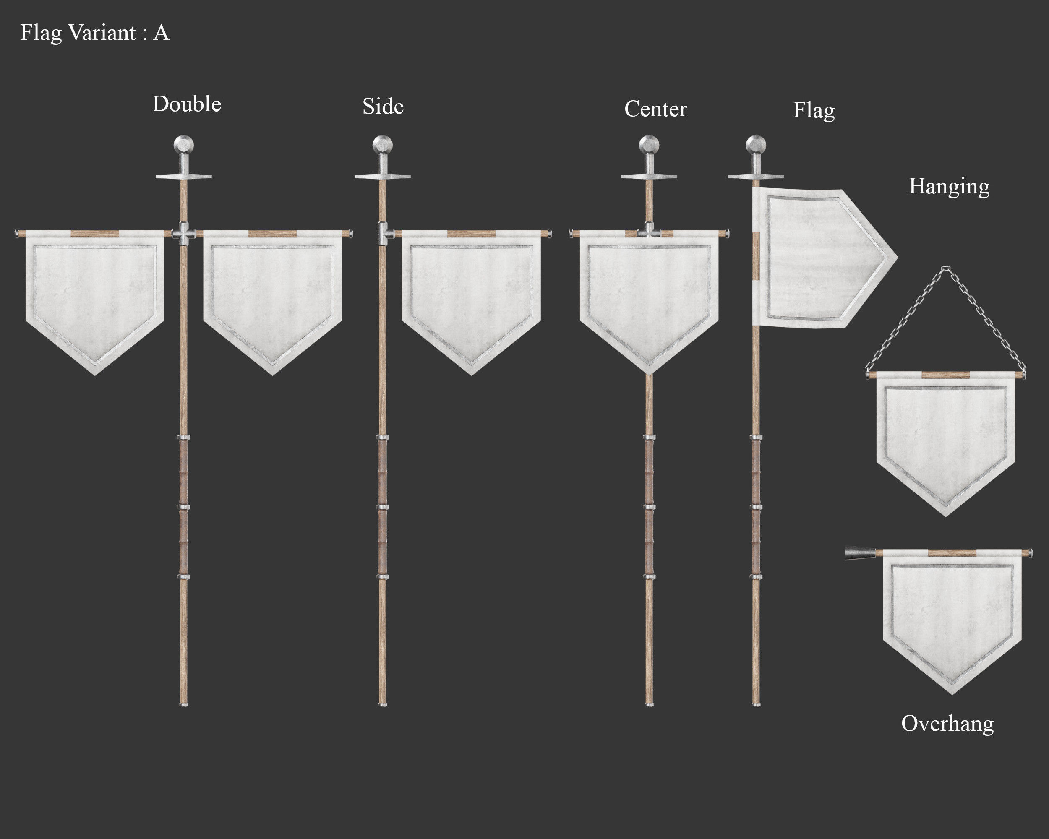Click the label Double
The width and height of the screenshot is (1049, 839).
pyautogui.click(x=187, y=104)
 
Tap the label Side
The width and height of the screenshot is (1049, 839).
pyautogui.click(x=383, y=107)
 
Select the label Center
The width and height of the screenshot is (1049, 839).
pyautogui.click(x=655, y=109)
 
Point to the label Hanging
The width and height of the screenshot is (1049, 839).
pyautogui.click(x=949, y=186)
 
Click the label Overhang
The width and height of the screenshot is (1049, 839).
pyautogui.click(x=947, y=724)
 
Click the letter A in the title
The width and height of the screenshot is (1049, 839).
pyautogui.click(x=161, y=33)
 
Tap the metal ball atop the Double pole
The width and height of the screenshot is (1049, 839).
pyautogui.click(x=184, y=145)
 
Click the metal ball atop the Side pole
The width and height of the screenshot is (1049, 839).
pyautogui.click(x=382, y=145)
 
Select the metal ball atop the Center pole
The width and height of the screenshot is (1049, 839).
pyautogui.click(x=649, y=145)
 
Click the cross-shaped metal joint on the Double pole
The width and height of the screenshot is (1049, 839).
pyautogui.click(x=184, y=234)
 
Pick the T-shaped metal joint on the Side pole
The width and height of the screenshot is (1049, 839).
pyautogui.click(x=383, y=234)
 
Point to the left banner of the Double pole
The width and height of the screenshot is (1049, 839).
pyautogui.click(x=95, y=297)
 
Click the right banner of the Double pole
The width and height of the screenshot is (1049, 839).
pyautogui.click(x=272, y=297)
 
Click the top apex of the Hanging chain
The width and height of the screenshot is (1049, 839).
pyautogui.click(x=945, y=268)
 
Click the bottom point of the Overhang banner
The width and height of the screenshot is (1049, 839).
pyautogui.click(x=952, y=693)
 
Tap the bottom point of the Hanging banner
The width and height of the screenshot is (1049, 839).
pyautogui.click(x=945, y=515)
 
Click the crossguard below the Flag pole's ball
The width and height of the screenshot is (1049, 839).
pyautogui.click(x=756, y=176)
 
